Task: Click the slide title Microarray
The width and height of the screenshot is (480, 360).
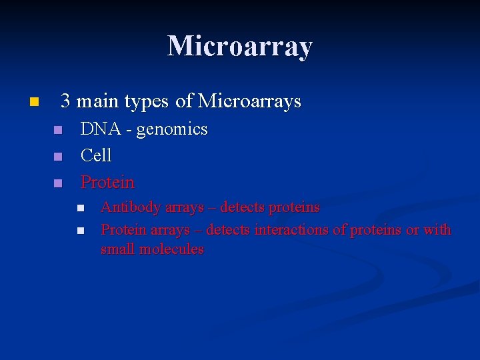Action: pyautogui.click(x=239, y=46)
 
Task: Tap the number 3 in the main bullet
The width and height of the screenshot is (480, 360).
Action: pyautogui.click(x=65, y=101)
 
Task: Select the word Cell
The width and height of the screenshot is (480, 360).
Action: pyautogui.click(x=96, y=155)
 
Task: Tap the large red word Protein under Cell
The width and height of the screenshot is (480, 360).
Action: pyautogui.click(x=107, y=182)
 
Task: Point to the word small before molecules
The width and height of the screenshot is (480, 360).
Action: pyautogui.click(x=118, y=249)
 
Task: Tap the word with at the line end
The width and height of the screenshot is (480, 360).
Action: pyautogui.click(x=437, y=230)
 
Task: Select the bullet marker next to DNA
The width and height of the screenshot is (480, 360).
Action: pyautogui.click(x=58, y=130)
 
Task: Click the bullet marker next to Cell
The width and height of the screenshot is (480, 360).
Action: pyautogui.click(x=58, y=157)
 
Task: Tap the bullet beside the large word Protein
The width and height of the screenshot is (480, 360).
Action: pyautogui.click(x=58, y=183)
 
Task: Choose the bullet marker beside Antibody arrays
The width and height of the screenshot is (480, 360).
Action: pyautogui.click(x=80, y=209)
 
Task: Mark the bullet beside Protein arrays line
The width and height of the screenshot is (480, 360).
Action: pyautogui.click(x=80, y=231)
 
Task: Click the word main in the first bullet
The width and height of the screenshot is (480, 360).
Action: pyautogui.click(x=100, y=102)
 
